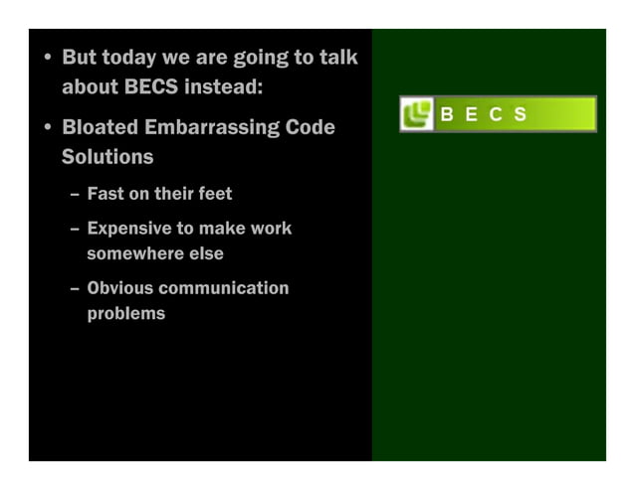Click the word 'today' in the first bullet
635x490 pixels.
coord(121,59)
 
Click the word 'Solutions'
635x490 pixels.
coord(107,157)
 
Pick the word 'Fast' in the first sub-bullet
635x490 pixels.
coord(106,193)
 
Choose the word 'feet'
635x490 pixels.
coord(214,193)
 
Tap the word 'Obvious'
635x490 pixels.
coord(119,288)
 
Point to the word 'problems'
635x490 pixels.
coord(126,314)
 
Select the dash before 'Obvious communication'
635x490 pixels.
coord(75,289)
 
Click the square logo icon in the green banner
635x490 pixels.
coord(416,114)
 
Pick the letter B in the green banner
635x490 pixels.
coord(447,114)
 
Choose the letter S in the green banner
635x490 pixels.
coord(521,114)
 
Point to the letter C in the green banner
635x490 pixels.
coord(496,114)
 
